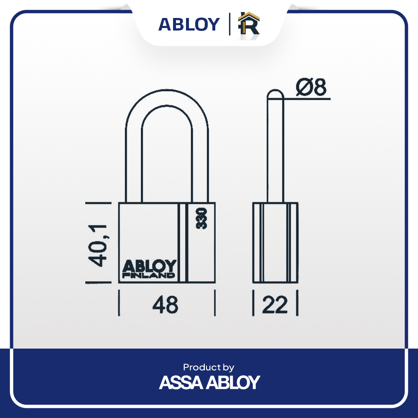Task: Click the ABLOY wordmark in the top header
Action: pos(189,25)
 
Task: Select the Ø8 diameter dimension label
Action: pos(311,87)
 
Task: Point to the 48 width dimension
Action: pos(165,304)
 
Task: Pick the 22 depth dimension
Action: pos(275,304)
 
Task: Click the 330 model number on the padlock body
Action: pos(201,218)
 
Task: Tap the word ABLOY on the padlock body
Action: pos(149,266)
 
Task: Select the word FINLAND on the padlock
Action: pos(149,275)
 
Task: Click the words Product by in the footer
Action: pos(209,367)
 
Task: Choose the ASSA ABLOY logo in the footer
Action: pos(209,382)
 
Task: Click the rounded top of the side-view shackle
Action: pos(275,91)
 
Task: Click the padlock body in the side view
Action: pos(275,242)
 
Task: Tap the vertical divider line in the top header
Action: pos(229,24)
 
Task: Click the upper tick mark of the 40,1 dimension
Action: pos(98,203)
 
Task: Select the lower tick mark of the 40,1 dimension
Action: pos(98,282)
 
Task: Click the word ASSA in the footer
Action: pos(181,382)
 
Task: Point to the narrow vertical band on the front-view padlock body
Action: pos(183,242)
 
